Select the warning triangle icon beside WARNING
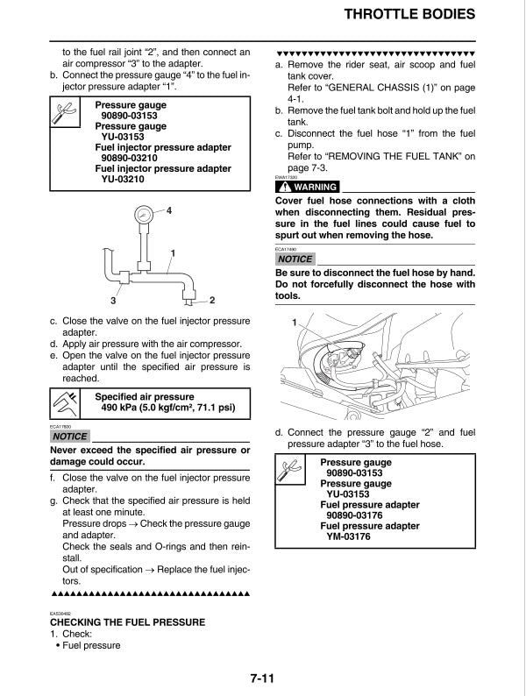pyautogui.click(x=284, y=188)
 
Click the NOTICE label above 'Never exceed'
pyautogui.click(x=70, y=436)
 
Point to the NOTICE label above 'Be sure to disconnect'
pyautogui.click(x=295, y=259)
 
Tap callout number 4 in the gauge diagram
pyautogui.click(x=168, y=211)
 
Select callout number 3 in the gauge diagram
pyautogui.click(x=113, y=301)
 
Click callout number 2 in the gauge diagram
pyautogui.click(x=212, y=301)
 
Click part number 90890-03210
pyautogui.click(x=130, y=158)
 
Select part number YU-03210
pyautogui.click(x=123, y=179)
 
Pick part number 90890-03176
pyautogui.click(x=355, y=515)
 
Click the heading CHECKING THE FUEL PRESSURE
pyautogui.click(x=128, y=622)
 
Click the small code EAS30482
pyautogui.click(x=60, y=614)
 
